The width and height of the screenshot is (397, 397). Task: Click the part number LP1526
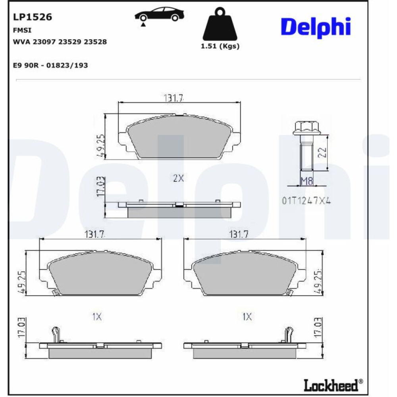pyautogui.click(x=33, y=17)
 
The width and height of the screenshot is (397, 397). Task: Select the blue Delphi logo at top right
pyautogui.click(x=316, y=27)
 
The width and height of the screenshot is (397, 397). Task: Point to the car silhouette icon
pyautogui.click(x=159, y=15)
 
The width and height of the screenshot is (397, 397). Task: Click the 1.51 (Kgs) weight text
pyautogui.click(x=220, y=46)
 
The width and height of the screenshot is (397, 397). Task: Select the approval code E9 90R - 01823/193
pyautogui.click(x=50, y=66)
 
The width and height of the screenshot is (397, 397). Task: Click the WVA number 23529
pyautogui.click(x=69, y=42)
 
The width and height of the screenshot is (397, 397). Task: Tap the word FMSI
pyautogui.click(x=22, y=30)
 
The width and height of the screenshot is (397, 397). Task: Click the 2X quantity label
pyautogui.click(x=178, y=178)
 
